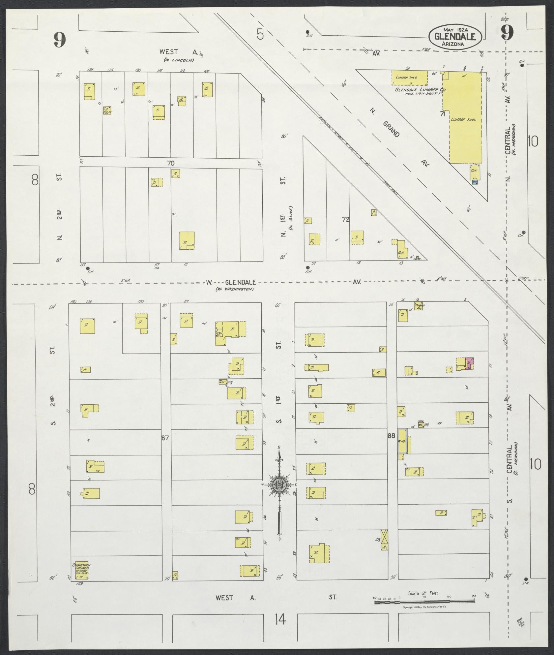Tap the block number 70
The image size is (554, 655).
(170, 163)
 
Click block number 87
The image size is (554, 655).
(165, 438)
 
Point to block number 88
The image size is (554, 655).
(391, 436)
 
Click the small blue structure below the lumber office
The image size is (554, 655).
(475, 182)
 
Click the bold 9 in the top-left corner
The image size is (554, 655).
(60, 40)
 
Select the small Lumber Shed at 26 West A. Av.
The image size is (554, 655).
(409, 78)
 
